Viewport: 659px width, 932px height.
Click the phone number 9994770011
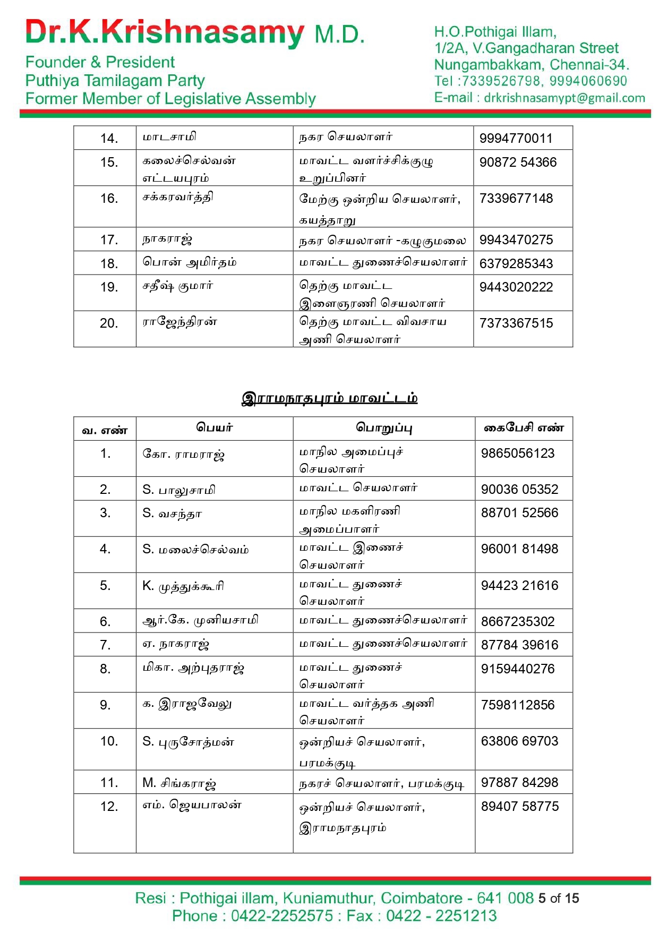516,139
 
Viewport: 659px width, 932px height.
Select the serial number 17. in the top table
109,240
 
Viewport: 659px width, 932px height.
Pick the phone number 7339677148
516,199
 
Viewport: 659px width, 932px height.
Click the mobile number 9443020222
516,287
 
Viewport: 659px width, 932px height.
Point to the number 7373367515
516,323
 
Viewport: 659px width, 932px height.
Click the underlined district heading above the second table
329,398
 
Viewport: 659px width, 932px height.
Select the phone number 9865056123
517,454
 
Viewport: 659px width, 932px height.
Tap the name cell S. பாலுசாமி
179,490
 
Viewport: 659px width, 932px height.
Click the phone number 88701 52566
519,513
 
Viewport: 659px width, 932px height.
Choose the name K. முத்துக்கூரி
183,586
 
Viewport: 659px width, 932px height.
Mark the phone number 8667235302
517,622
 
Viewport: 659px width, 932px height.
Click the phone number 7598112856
517,705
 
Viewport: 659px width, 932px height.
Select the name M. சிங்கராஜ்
179,783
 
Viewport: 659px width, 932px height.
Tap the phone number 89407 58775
519,807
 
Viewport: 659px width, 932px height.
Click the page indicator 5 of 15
558,899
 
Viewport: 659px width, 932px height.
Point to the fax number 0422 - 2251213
441,916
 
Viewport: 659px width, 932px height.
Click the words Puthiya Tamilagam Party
115,81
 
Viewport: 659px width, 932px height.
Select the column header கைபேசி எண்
523,428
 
